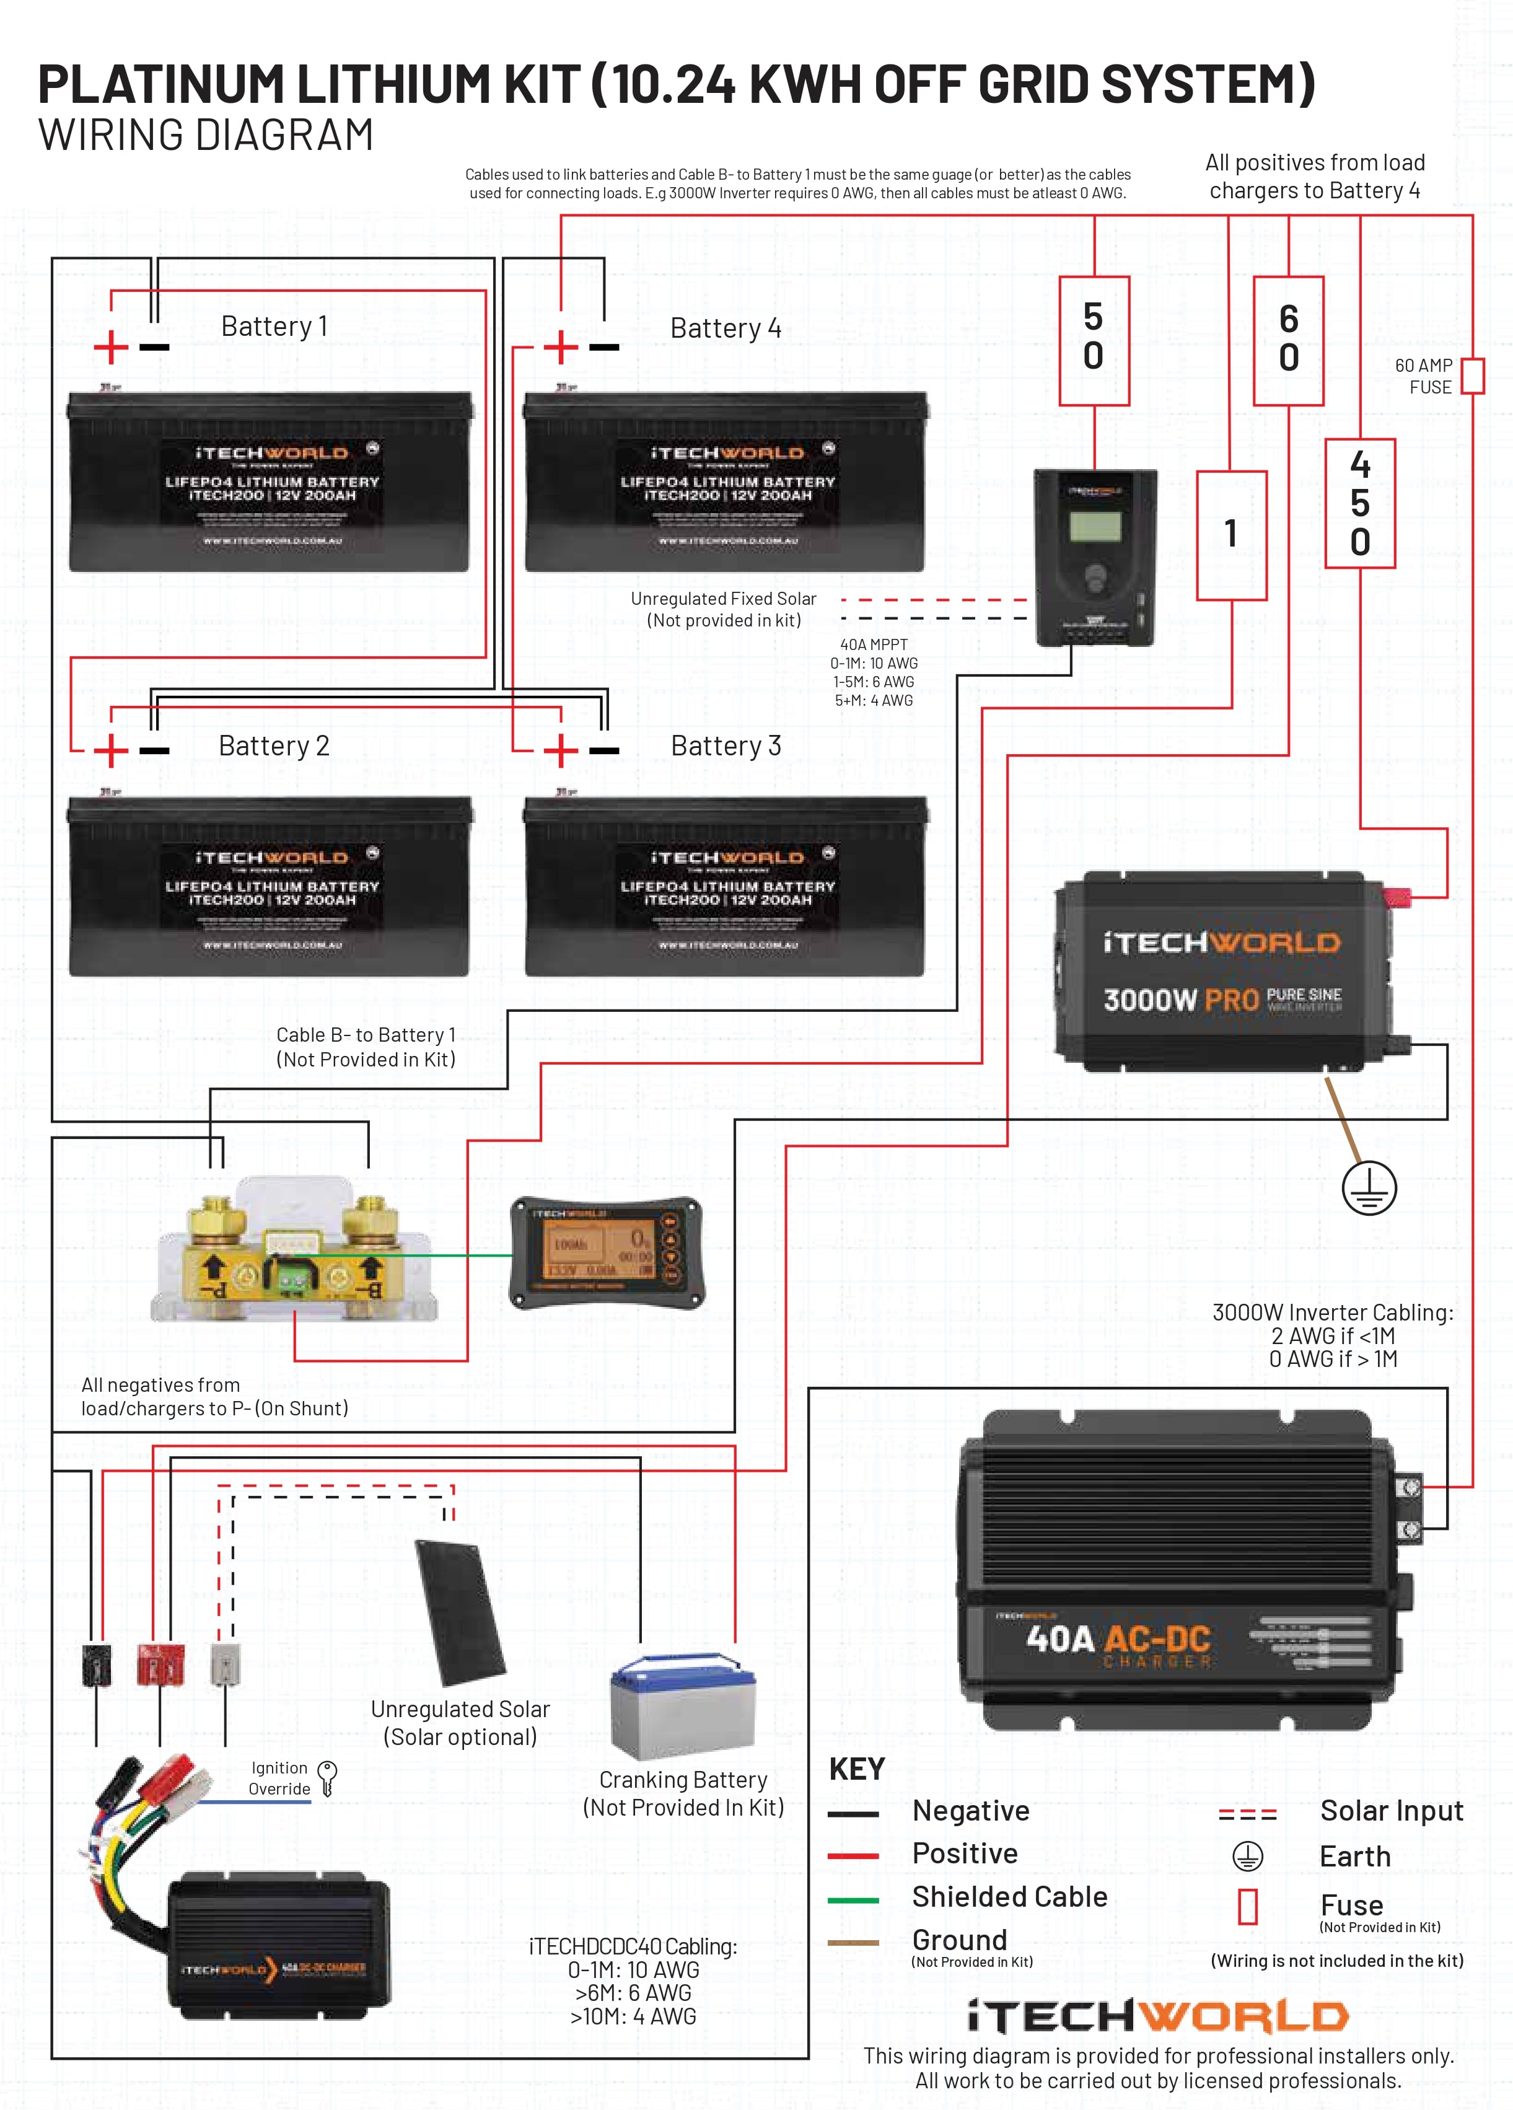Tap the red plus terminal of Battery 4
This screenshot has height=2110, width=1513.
point(561,348)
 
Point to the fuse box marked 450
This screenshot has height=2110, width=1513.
point(1359,503)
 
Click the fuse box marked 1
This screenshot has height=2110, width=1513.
point(1231,535)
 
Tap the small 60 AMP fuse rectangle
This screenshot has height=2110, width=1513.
point(1472,376)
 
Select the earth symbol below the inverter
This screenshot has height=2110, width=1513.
point(1369,1188)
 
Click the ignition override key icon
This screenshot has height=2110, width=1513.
point(327,1778)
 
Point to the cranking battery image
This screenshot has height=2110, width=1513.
point(683,1706)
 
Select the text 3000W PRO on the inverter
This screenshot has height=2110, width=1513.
point(1181,1000)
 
